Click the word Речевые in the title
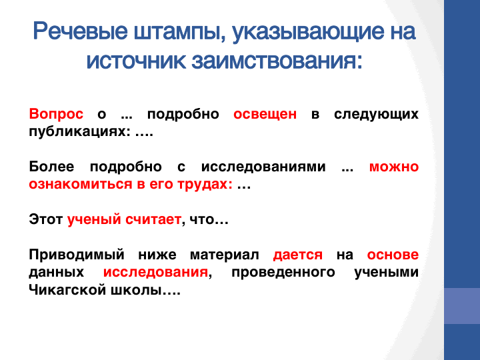(80, 31)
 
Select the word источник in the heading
(136, 61)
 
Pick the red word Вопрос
(56, 114)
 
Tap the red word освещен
(265, 114)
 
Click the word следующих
(376, 115)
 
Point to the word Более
(51, 167)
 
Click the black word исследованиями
(263, 167)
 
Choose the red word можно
(394, 167)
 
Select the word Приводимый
(77, 255)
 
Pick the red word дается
(298, 255)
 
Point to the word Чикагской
(67, 289)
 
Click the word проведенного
(283, 273)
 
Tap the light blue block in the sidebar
(462, 306)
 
